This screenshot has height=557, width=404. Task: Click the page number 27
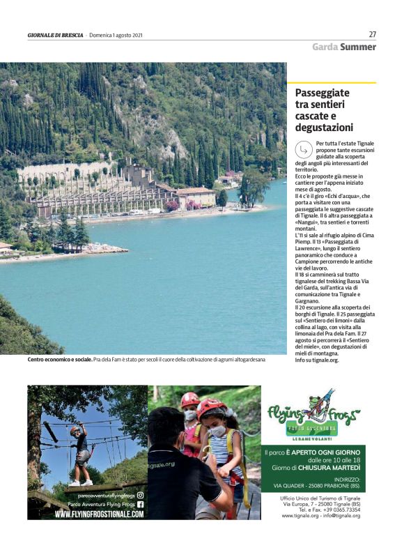point(373,34)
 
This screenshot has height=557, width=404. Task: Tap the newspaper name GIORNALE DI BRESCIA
point(56,35)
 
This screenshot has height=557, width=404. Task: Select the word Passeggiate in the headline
point(323,93)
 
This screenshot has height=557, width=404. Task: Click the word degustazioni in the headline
point(324,128)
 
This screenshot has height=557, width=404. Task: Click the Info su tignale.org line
point(317,360)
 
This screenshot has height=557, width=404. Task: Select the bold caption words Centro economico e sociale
point(60,360)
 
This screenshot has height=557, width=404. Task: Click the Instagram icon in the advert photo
point(140,495)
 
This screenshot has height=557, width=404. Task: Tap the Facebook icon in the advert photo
point(140,504)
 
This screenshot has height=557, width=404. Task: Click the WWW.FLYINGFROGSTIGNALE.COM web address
point(100,514)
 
